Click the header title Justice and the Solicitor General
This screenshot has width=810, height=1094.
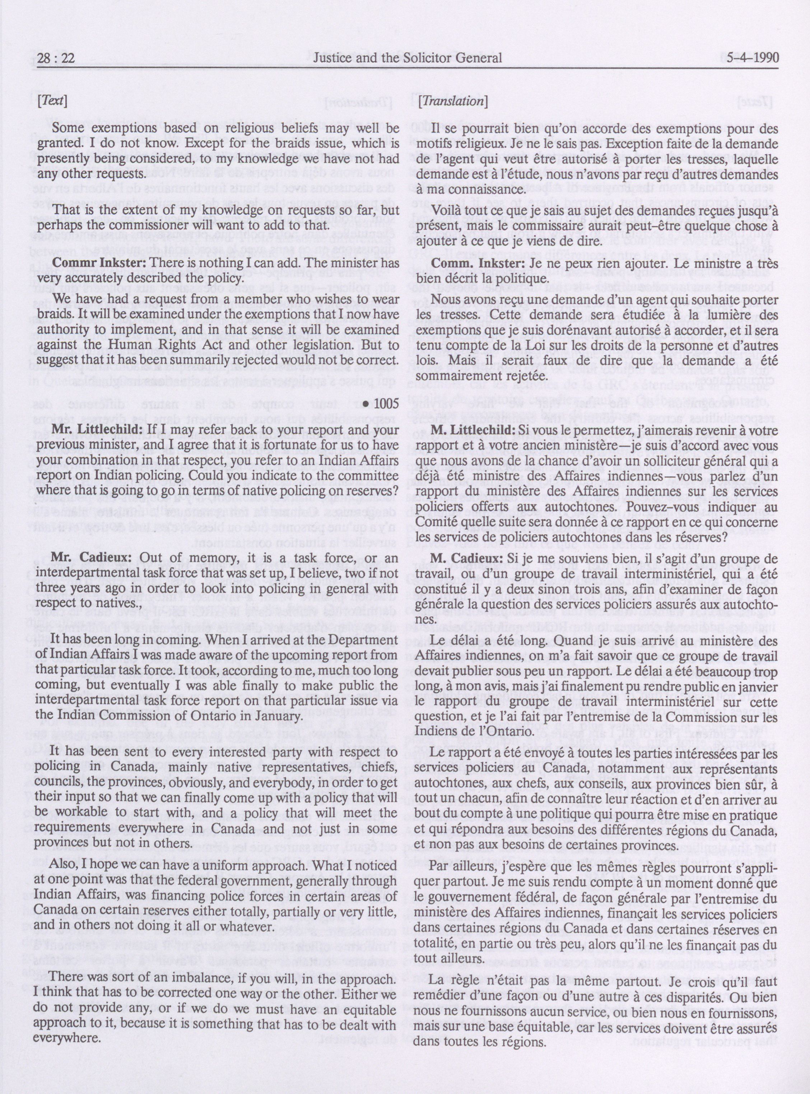coord(406,59)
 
